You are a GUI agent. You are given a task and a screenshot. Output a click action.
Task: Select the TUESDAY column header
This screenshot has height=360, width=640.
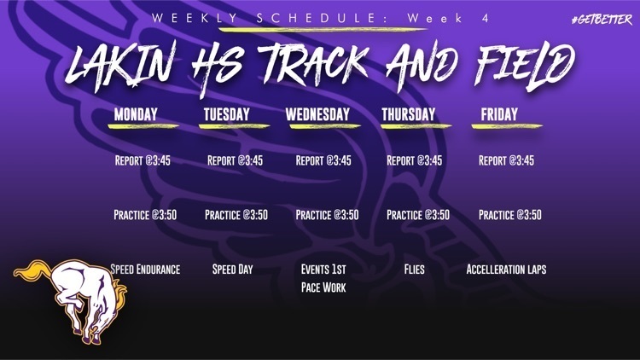point(227,114)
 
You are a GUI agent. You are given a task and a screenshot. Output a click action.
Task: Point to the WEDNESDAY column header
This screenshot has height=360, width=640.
point(317,114)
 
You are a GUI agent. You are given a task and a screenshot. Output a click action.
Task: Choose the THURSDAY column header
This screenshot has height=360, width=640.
point(408,114)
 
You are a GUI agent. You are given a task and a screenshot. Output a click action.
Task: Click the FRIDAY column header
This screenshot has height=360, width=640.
point(499,114)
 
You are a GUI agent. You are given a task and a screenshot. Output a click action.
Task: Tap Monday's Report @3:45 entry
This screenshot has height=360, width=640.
point(143,160)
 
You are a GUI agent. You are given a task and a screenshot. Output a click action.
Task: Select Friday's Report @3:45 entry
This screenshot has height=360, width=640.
point(506,160)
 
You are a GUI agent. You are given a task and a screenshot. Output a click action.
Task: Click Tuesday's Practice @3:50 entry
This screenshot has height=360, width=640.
point(236,215)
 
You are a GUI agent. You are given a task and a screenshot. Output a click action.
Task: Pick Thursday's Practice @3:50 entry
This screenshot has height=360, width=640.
point(418,215)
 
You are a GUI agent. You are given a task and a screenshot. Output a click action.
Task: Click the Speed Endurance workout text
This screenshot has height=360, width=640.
point(145,270)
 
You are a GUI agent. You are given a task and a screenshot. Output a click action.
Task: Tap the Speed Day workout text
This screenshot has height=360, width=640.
point(233,270)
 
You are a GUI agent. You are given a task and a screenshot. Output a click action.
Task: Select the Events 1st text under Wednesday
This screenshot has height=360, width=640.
point(323,270)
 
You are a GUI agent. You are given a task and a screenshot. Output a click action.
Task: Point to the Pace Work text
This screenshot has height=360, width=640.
point(323,288)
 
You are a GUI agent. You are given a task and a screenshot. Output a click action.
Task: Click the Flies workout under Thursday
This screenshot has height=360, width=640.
point(414,270)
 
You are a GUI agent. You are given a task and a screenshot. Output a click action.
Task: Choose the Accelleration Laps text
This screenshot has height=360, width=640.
point(506,270)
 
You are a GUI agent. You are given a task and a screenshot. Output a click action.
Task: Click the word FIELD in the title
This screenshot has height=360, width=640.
point(520,65)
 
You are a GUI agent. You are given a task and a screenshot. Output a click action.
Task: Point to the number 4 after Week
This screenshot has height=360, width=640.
point(486,18)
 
